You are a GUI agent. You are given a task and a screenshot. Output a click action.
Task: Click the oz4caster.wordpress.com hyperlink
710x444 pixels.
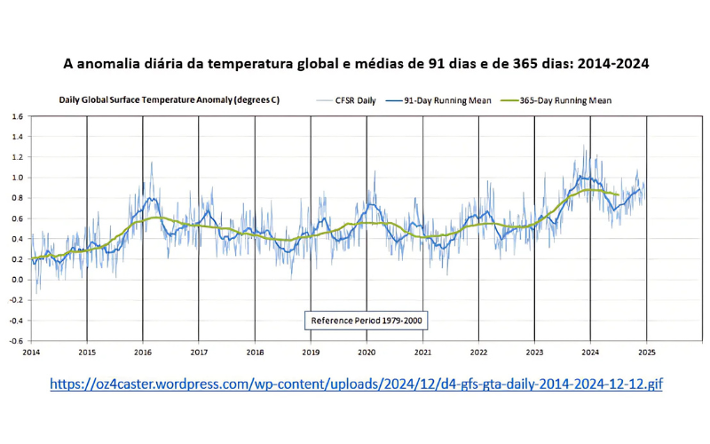tap(356, 385)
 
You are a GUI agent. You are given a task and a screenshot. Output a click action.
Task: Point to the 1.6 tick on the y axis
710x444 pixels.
tap(17, 116)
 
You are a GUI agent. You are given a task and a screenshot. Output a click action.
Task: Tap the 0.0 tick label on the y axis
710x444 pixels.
tap(17, 280)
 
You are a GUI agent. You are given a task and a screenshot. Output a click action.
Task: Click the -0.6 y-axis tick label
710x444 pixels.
tap(16, 341)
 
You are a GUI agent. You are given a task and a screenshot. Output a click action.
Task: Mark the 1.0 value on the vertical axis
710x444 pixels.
tap(17, 178)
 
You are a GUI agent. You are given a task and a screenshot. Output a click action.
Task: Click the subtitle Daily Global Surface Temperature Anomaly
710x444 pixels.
tap(169, 100)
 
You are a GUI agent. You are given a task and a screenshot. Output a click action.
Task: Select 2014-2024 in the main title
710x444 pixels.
tap(610, 64)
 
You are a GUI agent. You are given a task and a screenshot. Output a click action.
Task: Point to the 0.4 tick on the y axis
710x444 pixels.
tap(17, 239)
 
